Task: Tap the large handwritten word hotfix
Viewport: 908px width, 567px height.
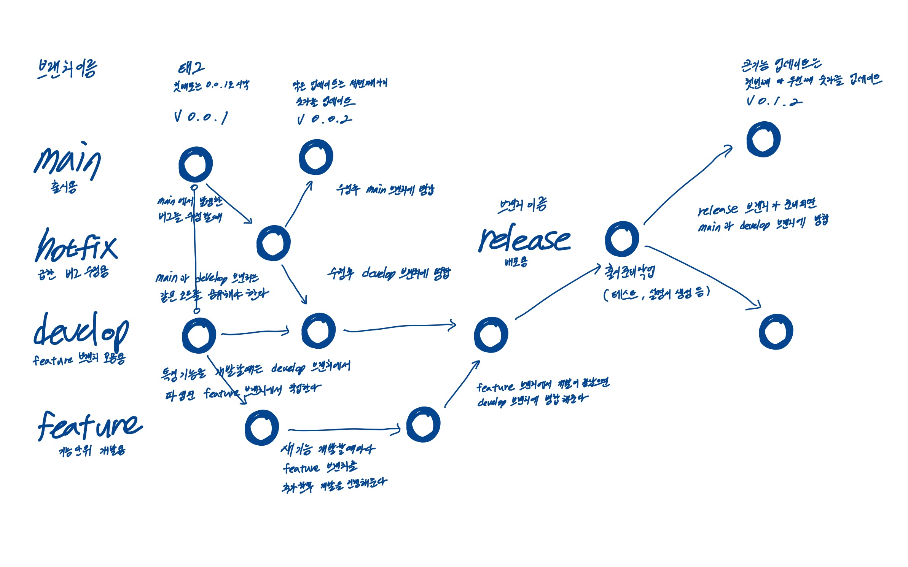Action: click(x=76, y=246)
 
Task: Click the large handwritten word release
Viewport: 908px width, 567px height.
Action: click(x=524, y=240)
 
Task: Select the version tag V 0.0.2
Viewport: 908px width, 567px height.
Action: click(x=324, y=119)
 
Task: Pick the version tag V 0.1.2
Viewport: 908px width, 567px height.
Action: click(x=773, y=101)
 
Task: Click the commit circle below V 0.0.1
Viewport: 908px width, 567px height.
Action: click(x=196, y=164)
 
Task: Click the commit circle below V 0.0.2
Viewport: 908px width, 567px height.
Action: click(x=316, y=157)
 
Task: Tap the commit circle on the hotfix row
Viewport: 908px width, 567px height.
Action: click(x=273, y=243)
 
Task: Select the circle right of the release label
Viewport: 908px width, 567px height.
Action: click(x=622, y=239)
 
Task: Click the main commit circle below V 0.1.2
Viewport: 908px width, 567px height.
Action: click(x=763, y=139)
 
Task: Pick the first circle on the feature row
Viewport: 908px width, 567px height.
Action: click(x=262, y=427)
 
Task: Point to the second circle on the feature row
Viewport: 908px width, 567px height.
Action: click(x=423, y=424)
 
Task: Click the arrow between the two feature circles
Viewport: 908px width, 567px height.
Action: click(x=344, y=430)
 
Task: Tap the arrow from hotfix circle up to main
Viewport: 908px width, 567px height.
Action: click(x=299, y=203)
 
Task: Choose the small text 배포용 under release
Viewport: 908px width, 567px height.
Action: click(x=516, y=262)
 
